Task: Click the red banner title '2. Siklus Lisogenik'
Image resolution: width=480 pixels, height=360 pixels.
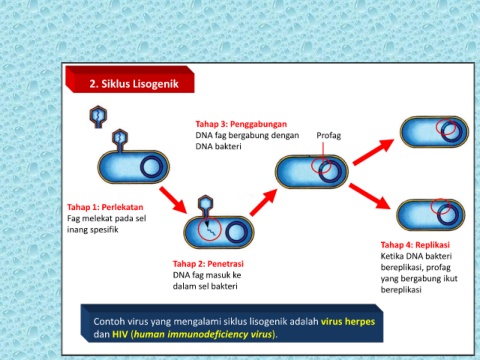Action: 134,83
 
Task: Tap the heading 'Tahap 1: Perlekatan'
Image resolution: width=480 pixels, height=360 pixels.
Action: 105,207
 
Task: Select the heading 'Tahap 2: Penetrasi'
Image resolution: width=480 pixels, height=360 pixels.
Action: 208,264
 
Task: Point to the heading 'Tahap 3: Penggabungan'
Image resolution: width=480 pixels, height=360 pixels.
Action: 241,124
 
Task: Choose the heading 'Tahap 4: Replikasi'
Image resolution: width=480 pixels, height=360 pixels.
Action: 415,245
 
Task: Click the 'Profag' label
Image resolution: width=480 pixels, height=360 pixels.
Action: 329,135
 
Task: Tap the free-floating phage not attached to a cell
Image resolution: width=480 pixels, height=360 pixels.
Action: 98,117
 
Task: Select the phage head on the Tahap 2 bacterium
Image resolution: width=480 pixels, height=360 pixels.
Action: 205,203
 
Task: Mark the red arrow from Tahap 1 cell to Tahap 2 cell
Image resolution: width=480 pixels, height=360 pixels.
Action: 173,200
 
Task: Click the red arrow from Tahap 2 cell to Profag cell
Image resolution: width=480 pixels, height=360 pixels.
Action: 264,202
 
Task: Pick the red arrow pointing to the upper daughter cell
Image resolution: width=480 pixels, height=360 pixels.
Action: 374,152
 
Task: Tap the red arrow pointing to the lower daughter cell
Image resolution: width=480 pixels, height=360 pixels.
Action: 370,196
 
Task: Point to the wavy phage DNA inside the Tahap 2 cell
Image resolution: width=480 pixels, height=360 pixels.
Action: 209,230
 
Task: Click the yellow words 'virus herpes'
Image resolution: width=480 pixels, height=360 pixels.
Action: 348,322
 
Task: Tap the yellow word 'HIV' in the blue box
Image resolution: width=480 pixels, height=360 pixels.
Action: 120,334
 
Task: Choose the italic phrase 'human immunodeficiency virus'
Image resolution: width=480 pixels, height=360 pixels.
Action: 203,334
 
